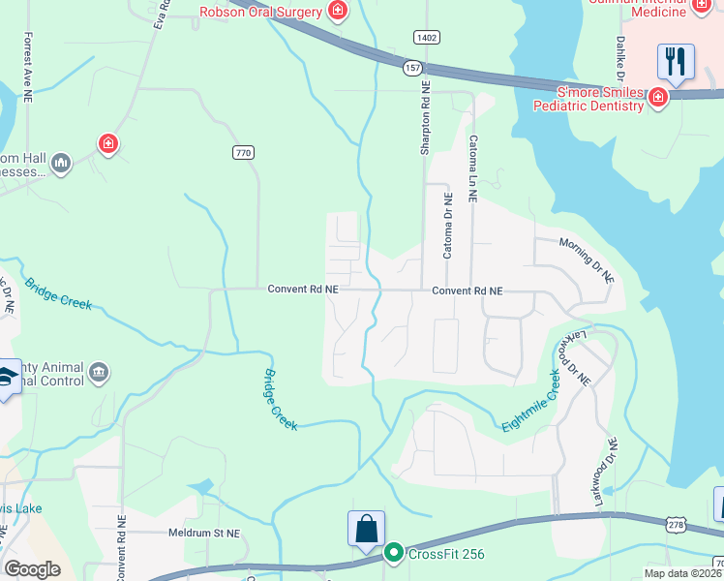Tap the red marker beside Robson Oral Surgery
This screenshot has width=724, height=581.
point(338,12)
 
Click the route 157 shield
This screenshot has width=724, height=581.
point(413,67)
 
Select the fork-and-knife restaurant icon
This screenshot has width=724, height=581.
point(676,61)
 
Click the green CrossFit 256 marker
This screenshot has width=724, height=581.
point(393,554)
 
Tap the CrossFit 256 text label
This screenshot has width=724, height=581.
point(445,555)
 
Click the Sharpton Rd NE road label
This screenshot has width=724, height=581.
point(424,117)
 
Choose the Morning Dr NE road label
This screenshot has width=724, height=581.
point(588,260)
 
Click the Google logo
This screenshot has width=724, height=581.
point(32,569)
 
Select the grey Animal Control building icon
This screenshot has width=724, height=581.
point(98,373)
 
